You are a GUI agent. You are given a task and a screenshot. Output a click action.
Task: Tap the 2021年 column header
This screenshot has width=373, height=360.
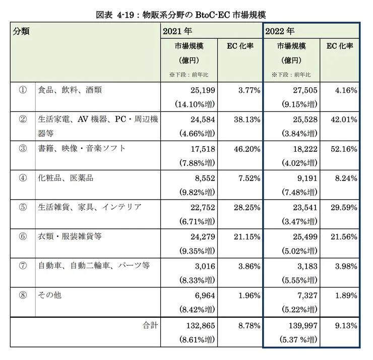(178, 32)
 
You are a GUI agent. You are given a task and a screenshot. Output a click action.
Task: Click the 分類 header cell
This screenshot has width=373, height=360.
(21, 31)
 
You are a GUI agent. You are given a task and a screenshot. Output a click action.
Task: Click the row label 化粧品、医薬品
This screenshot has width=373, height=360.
(66, 178)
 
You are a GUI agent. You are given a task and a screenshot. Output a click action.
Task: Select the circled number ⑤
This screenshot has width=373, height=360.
(23, 207)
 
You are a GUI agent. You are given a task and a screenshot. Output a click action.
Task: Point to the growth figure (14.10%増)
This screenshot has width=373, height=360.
(195, 105)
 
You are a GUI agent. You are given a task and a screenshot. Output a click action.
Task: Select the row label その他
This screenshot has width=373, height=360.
(50, 295)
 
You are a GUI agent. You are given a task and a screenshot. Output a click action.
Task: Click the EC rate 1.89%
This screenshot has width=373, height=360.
(346, 295)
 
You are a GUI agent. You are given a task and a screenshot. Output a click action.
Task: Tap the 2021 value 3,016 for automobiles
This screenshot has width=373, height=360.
(205, 266)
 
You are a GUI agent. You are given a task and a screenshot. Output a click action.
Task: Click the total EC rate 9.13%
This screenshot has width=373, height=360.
(346, 326)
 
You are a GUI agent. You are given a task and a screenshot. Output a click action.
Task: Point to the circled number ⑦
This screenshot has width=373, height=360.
(23, 266)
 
